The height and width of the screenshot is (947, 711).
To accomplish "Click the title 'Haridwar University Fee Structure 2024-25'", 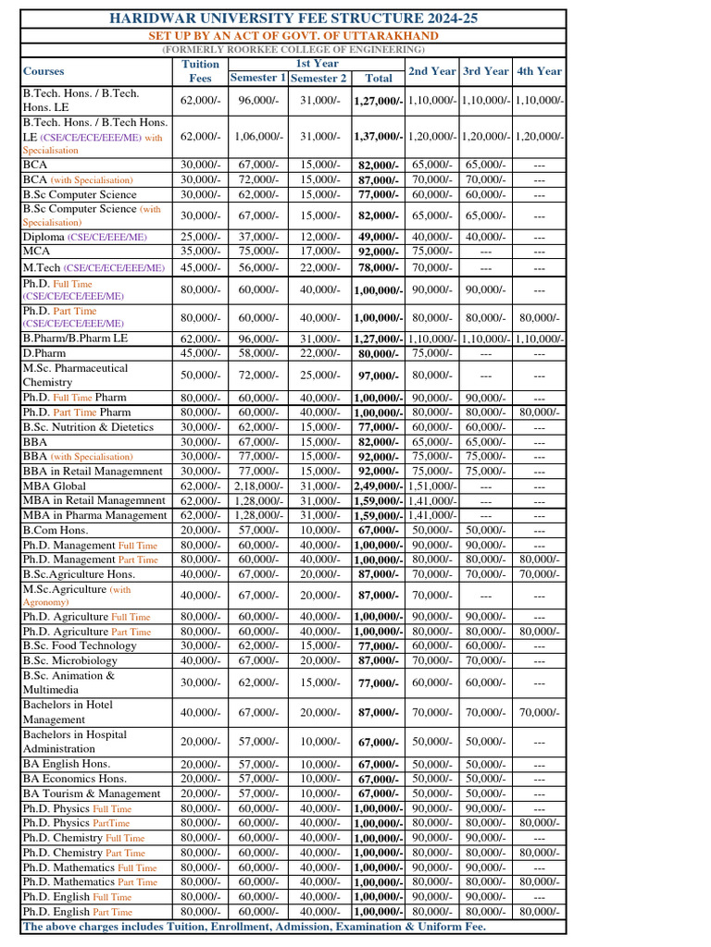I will tap(293, 18).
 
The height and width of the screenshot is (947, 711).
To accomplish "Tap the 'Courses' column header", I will tap(44, 71).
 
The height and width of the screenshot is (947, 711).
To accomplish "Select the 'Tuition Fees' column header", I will tap(200, 71).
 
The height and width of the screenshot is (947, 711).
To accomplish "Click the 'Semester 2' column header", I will tap(318, 79).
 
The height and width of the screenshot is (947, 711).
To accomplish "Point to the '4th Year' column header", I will tap(539, 71).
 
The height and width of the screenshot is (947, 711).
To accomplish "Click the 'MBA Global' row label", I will tap(55, 486).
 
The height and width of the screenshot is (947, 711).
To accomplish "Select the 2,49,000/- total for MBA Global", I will tap(378, 486).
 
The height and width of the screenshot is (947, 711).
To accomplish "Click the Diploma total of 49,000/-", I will tap(378, 238).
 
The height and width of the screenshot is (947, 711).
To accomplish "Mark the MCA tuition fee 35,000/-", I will tap(200, 251).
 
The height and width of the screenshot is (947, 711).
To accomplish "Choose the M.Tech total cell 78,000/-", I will tap(378, 268).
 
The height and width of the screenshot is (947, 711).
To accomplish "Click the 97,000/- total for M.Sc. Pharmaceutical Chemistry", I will tap(378, 375).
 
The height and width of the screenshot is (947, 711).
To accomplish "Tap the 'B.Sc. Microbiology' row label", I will tap(70, 660).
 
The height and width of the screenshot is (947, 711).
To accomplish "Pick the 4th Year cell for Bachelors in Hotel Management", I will tap(539, 712).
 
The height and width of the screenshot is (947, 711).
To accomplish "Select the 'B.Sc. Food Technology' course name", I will tap(80, 646).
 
